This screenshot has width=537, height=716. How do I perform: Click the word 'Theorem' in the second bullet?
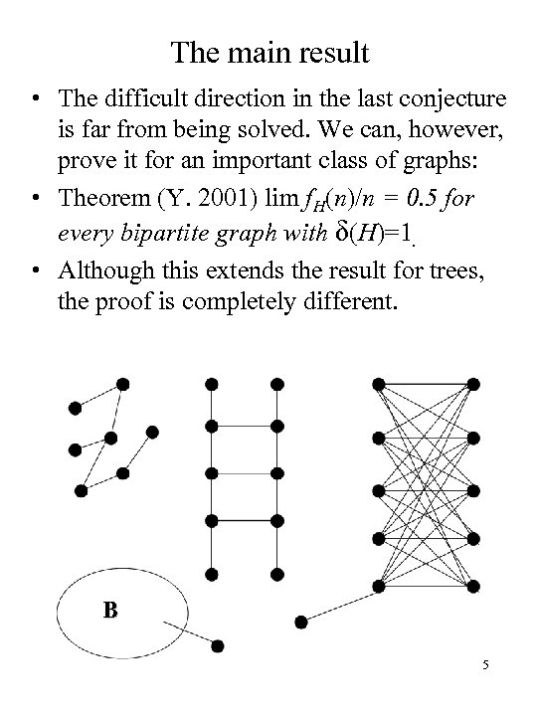(103, 198)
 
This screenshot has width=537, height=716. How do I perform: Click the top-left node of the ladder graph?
(210, 384)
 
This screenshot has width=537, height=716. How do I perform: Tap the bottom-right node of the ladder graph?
(276, 574)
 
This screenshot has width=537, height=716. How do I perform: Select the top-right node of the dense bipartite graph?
(475, 384)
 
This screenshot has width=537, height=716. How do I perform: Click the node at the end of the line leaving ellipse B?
(218, 645)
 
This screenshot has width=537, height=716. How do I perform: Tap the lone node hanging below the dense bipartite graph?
(302, 622)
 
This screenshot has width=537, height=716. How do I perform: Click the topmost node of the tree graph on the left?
(122, 384)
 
